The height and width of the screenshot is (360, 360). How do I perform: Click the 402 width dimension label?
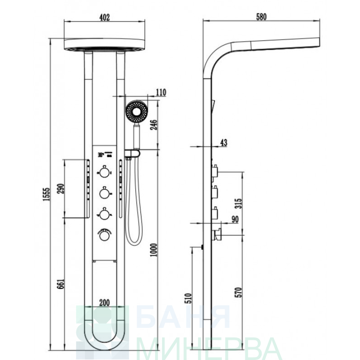[x=105, y=17]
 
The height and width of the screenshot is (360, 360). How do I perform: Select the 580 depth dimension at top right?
[x=261, y=17]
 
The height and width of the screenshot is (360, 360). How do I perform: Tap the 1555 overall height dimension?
[x=46, y=194]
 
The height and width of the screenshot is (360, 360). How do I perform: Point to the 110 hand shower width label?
[x=161, y=92]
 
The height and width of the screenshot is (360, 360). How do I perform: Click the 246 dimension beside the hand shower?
[x=154, y=125]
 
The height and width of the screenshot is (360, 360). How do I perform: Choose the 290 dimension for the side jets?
[x=60, y=189]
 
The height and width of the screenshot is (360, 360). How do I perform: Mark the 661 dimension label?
[x=60, y=284]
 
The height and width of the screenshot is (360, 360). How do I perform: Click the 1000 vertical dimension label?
[x=153, y=250]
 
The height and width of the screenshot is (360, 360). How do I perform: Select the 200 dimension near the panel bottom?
[x=105, y=303]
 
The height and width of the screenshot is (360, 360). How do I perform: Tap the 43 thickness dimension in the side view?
[x=224, y=143]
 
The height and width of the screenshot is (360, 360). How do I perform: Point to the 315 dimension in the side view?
[x=239, y=203]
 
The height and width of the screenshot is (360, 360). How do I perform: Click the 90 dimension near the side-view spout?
[x=235, y=219]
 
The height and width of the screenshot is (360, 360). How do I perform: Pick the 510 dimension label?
[x=188, y=298]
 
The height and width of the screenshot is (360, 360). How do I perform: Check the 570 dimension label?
[x=239, y=292]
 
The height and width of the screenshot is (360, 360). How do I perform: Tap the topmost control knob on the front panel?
[x=105, y=172]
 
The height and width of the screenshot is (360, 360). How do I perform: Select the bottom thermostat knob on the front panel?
[x=105, y=234]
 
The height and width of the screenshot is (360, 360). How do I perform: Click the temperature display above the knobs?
[x=105, y=154]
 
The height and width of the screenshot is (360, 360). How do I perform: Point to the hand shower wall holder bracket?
[x=132, y=154]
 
